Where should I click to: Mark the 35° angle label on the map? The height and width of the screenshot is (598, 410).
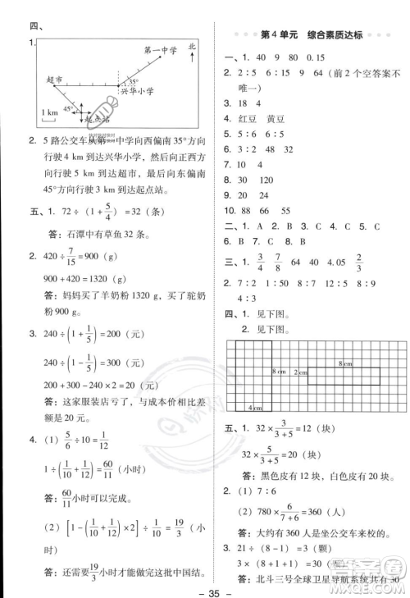click(x=132, y=81)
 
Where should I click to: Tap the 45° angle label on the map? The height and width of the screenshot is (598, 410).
click(x=69, y=109)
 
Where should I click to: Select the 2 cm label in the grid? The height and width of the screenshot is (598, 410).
click(x=302, y=372)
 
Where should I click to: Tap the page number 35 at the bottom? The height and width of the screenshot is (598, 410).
click(x=205, y=587)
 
